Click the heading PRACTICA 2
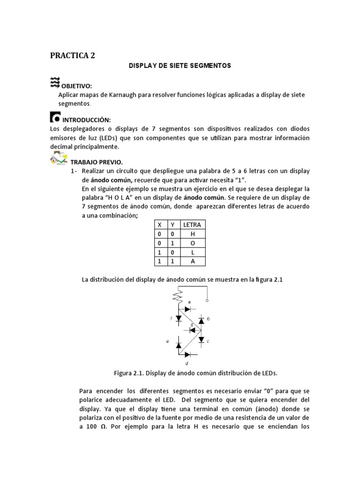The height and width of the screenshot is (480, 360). coord(72,55)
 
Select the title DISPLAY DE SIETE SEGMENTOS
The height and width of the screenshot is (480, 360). coord(180,66)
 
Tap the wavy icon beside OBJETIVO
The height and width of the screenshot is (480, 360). coord(54,83)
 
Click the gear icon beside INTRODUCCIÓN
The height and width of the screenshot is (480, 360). coord(54,116)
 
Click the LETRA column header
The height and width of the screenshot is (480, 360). coord(192,225)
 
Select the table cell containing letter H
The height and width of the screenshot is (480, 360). coord(192,233)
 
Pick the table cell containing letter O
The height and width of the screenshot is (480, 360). coord(192,243)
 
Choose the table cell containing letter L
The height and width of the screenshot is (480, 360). coord(192,252)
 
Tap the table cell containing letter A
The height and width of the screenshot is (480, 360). coord(192,261)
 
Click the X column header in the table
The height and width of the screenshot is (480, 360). coord(159,225)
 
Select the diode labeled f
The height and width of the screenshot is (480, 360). coord(179,319)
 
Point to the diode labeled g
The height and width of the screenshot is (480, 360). coord(192,330)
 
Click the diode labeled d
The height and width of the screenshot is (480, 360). coord(188,355)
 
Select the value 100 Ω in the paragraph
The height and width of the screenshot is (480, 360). coord(93,427)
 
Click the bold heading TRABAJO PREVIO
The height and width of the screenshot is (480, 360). coord(96,162)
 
